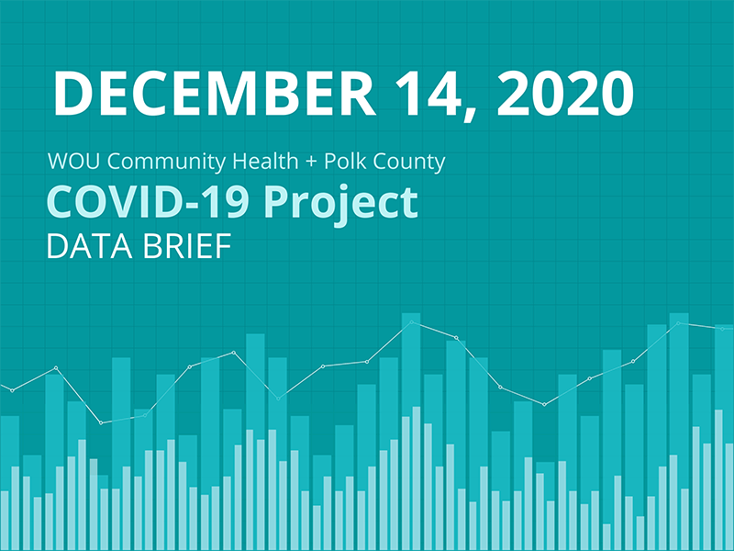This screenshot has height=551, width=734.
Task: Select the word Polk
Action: [332, 163]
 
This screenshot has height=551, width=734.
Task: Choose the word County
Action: [404, 163]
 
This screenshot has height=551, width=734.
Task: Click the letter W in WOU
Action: [59, 163]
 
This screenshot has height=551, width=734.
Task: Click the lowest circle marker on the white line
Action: [100, 422]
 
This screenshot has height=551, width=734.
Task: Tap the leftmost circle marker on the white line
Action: [12, 390]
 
